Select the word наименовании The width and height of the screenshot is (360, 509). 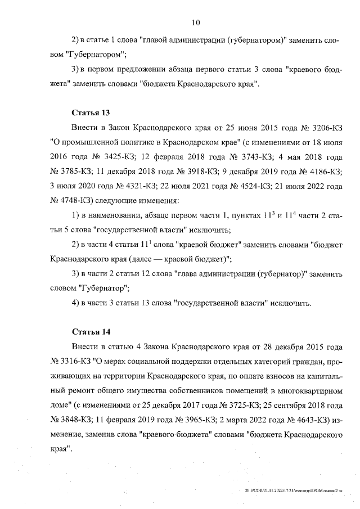(111, 216)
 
